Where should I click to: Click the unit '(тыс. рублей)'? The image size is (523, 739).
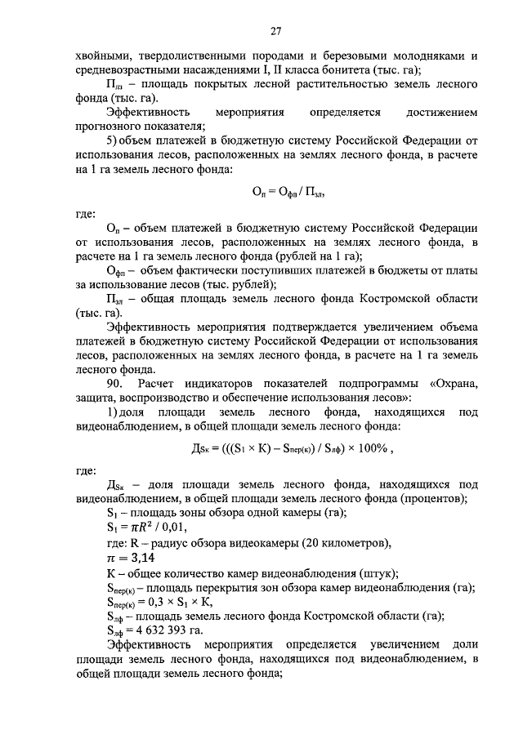pos(233,284)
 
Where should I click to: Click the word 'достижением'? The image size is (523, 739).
pos(441,112)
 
